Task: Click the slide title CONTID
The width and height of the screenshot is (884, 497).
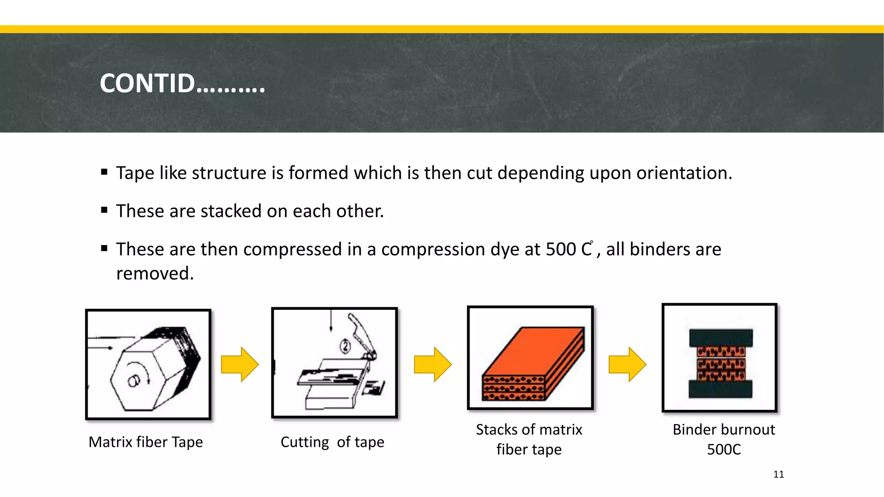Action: (182, 83)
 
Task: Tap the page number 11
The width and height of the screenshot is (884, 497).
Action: (778, 474)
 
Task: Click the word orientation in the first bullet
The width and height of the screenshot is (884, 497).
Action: (684, 173)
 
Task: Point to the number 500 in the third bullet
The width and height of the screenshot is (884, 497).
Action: (560, 249)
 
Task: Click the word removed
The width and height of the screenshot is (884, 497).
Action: (155, 274)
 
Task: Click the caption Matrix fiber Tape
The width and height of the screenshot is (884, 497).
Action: (145, 442)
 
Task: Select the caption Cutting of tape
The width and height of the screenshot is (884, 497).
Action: (332, 442)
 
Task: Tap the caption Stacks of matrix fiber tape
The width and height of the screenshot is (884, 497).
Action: (529, 439)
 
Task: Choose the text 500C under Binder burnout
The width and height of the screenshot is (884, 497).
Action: (723, 450)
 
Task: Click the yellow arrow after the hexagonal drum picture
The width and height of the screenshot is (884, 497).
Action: (240, 365)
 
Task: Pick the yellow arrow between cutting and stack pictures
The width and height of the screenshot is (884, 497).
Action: (433, 365)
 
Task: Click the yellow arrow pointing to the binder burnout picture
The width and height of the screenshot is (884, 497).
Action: (627, 365)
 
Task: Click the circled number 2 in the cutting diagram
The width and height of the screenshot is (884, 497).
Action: (345, 346)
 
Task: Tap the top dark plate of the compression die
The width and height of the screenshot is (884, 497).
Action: (720, 338)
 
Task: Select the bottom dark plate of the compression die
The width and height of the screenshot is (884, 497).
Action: (720, 389)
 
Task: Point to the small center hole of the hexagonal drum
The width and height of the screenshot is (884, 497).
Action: (133, 381)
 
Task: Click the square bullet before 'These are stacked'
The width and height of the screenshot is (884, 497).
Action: (104, 211)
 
